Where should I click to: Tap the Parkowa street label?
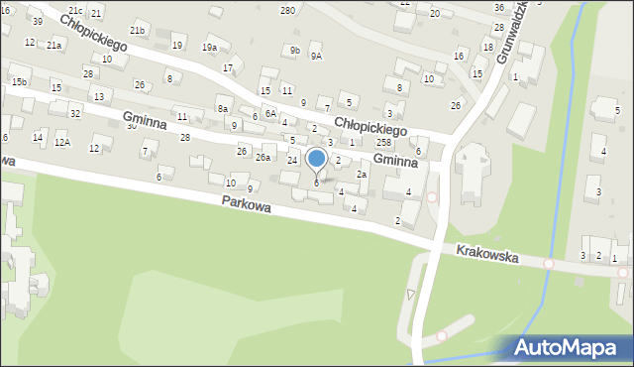click(x=247, y=202)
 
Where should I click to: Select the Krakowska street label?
click(x=488, y=255)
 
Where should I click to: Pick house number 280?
click(x=287, y=10)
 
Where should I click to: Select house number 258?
click(x=382, y=144)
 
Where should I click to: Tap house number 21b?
click(x=137, y=31)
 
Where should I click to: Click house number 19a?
click(x=209, y=47)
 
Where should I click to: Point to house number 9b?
click(x=294, y=50)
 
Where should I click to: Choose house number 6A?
click(x=269, y=114)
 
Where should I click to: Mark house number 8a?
click(x=223, y=109)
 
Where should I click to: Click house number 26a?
click(x=263, y=158)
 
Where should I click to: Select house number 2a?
click(x=362, y=175)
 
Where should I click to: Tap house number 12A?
click(x=61, y=143)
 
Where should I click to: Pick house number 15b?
click(x=19, y=81)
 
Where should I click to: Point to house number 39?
click(x=37, y=21)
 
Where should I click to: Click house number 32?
click(x=75, y=113)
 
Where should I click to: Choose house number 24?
click(x=292, y=160)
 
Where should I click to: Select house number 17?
click(x=228, y=67)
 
